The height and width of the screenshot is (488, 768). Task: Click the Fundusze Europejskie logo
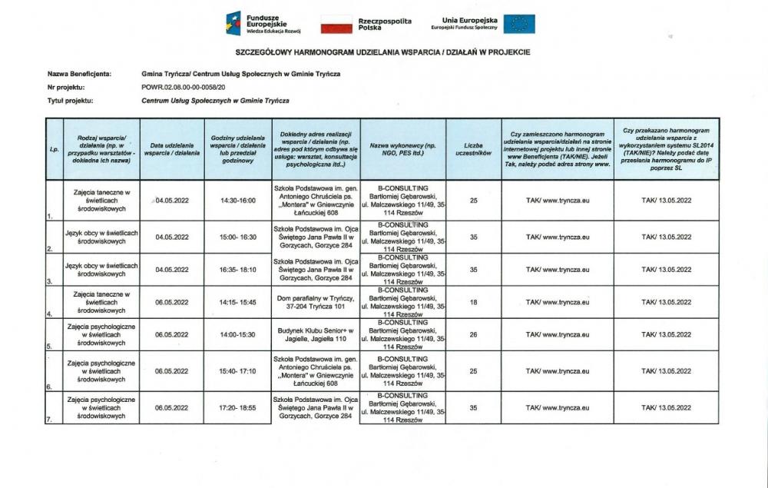click(x=263, y=23)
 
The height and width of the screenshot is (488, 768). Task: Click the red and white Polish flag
click(x=336, y=24)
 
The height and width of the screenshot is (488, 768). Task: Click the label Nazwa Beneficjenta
click(x=80, y=74)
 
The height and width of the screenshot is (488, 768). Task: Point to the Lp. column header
click(x=54, y=149)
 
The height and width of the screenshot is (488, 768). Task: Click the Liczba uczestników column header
click(x=473, y=149)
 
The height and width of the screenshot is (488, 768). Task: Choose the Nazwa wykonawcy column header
click(x=402, y=149)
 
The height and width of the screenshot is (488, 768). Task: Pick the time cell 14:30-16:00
click(x=237, y=200)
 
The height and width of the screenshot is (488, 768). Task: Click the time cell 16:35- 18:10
click(x=237, y=270)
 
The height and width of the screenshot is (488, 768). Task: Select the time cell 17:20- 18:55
click(x=237, y=408)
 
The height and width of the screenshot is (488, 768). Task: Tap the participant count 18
click(x=473, y=303)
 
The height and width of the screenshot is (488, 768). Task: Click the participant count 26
click(x=473, y=335)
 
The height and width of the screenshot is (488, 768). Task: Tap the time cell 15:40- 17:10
click(x=237, y=371)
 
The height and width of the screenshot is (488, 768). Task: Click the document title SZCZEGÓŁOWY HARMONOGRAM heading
click(x=382, y=52)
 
